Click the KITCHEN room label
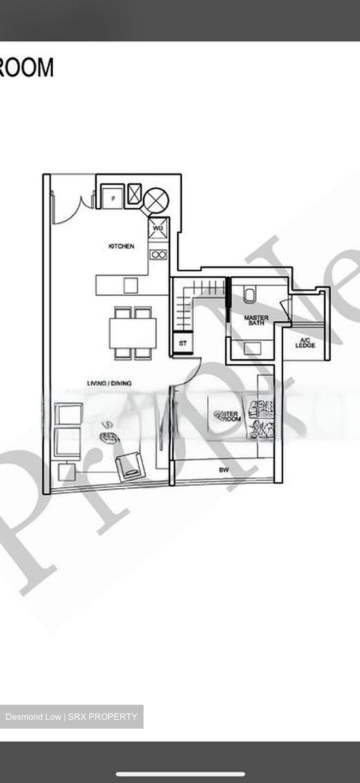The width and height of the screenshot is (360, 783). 121,246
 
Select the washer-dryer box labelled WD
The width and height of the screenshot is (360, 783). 158,228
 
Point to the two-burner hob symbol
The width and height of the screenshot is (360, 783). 158,254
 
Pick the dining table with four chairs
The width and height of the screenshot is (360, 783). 133,333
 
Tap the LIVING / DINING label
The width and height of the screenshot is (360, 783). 109,383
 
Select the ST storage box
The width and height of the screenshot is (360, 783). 183,344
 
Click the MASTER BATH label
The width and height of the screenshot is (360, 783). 256,320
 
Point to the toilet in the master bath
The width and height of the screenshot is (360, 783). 250,295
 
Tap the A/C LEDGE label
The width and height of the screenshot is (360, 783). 305,343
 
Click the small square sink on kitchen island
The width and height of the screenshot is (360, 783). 131,285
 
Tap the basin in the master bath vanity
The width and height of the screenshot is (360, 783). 252,348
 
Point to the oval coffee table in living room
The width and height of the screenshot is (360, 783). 109,437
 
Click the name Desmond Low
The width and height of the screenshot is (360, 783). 32,717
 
